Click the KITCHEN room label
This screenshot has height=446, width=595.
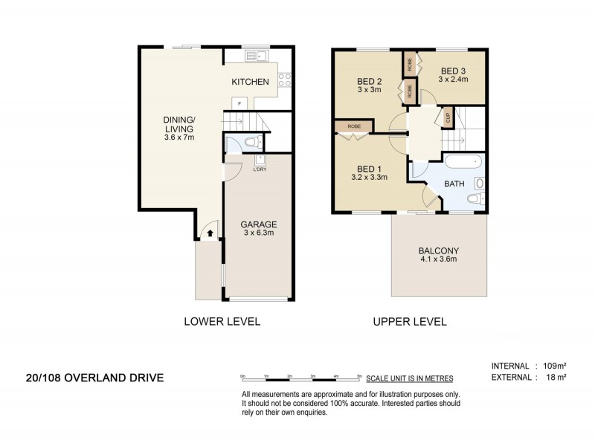click(249, 82)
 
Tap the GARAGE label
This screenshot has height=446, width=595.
click(258, 224)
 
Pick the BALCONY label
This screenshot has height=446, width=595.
click(437, 251)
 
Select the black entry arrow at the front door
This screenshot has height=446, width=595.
click(210, 233)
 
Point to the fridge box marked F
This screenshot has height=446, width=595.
click(239, 104)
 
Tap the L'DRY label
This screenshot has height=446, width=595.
click(260, 169)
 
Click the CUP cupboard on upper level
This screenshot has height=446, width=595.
click(448, 117)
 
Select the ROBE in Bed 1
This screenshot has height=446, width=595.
click(353, 127)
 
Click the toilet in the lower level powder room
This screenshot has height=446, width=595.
click(251, 142)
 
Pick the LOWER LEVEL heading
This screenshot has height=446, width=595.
click(222, 322)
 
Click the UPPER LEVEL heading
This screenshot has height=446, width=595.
click(409, 322)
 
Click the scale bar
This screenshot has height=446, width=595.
click(301, 378)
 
